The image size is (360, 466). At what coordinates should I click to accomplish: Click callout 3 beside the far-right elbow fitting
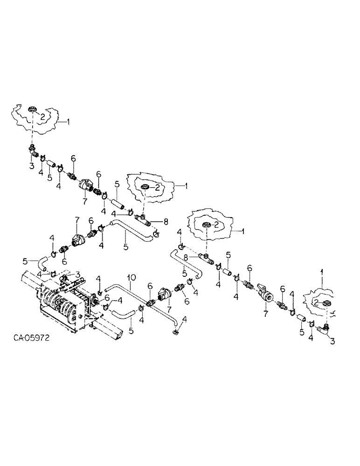tap(332, 342)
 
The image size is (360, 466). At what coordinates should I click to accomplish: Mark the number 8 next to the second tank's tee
tap(165, 221)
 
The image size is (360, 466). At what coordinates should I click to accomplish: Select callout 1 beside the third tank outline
tap(242, 230)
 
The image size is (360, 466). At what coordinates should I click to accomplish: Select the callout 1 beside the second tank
tap(186, 185)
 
